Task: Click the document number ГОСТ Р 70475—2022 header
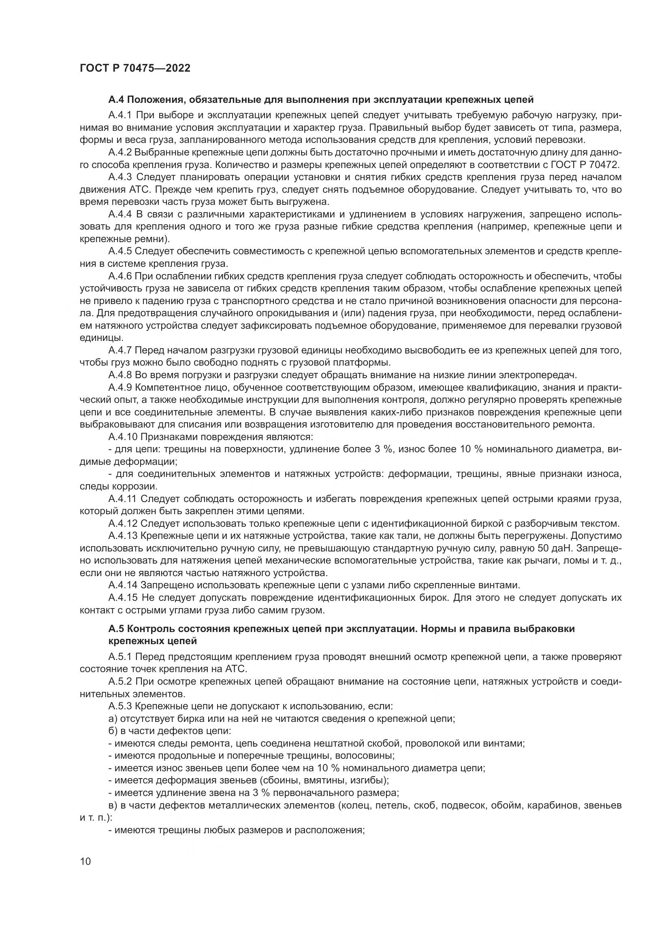click(x=135, y=68)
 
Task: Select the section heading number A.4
click(x=116, y=100)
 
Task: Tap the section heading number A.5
click(x=116, y=629)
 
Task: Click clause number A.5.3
click(x=120, y=706)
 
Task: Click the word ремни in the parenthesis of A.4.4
click(x=147, y=239)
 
